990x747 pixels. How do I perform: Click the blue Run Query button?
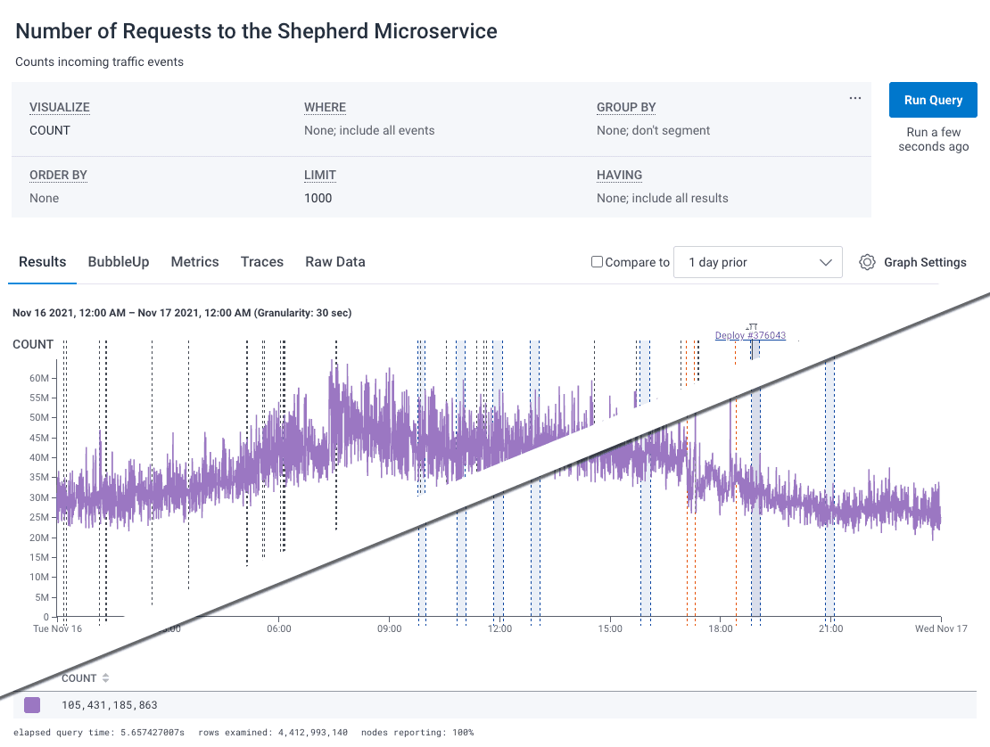[x=933, y=100]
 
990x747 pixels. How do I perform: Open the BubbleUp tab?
[x=119, y=262]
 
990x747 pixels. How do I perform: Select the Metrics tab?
[x=194, y=262]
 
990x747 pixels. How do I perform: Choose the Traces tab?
[x=262, y=262]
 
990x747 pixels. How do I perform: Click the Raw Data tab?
[x=335, y=262]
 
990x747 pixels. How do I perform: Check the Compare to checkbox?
[x=598, y=262]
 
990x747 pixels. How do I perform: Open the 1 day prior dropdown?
[x=757, y=262]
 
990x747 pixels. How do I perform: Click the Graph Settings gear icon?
[x=867, y=262]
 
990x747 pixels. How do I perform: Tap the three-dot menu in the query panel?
[x=855, y=98]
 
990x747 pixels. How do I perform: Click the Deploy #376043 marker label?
[x=750, y=336]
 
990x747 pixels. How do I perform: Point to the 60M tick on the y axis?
[x=38, y=378]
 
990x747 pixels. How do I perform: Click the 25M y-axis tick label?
[x=38, y=518]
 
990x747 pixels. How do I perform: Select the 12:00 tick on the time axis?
[x=500, y=628]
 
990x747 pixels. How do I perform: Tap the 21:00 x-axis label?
[x=830, y=628]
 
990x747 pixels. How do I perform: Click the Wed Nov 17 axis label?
[x=940, y=628]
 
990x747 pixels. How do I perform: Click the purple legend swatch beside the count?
[x=32, y=705]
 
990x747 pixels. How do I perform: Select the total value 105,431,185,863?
[x=110, y=705]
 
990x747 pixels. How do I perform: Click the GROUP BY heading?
[x=626, y=107]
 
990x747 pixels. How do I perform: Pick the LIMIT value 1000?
[x=318, y=198]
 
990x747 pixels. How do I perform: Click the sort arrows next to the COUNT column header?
[x=106, y=678]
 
